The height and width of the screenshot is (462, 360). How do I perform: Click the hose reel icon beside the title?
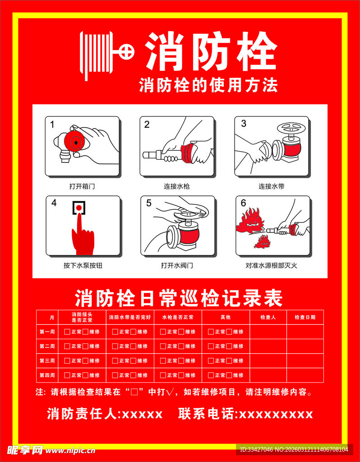coord(106,54)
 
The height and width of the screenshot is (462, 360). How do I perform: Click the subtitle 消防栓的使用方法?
coord(208,85)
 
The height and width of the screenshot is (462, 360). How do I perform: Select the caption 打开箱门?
coord(82,186)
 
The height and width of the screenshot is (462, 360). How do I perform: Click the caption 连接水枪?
coord(176,186)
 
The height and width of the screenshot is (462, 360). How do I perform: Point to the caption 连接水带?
coord(271,186)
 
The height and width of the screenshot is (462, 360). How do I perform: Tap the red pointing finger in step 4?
coord(82,235)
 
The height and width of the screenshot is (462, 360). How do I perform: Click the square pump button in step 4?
coord(79,208)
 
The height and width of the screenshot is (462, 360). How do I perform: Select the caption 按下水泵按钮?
coord(83,265)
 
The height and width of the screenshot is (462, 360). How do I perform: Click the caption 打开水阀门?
coord(177,265)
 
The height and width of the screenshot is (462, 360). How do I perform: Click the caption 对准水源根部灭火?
coord(272,265)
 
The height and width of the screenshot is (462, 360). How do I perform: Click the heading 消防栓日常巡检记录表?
coord(179,298)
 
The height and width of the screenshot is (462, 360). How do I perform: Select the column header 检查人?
coord(268,317)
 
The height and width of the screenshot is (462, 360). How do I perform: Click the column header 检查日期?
coord(305,317)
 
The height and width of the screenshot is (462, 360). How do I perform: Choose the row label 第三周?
coord(47,360)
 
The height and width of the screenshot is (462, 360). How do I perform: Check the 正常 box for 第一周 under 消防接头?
coord(67,332)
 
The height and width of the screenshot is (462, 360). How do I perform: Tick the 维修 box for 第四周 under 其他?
coord(229,375)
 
